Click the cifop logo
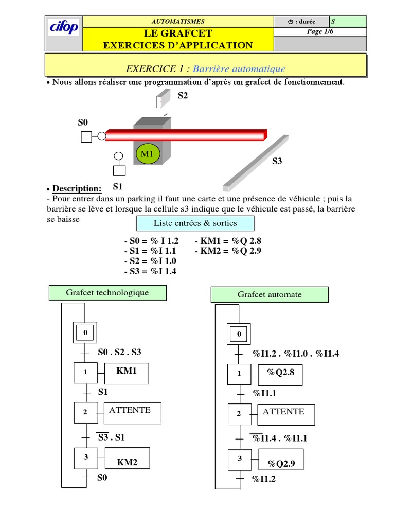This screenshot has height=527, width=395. click(x=64, y=28)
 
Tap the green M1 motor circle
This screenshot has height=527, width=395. click(x=148, y=153)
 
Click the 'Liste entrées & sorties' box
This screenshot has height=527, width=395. click(x=195, y=223)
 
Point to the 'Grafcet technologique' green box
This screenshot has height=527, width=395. click(x=107, y=293)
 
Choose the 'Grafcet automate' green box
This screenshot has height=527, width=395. click(x=270, y=295)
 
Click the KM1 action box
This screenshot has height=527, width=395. click(x=126, y=373)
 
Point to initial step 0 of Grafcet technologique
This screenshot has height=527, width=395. click(x=85, y=333)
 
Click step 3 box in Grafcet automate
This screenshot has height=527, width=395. click(x=239, y=459)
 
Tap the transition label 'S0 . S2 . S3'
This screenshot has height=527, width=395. click(x=119, y=352)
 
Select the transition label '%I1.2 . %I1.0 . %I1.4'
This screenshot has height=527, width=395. click(x=296, y=353)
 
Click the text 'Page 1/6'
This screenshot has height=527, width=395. click(x=320, y=32)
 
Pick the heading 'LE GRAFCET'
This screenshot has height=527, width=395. click(x=178, y=33)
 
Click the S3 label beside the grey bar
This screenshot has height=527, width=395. click(x=277, y=161)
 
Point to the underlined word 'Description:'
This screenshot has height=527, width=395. click(x=77, y=189)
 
